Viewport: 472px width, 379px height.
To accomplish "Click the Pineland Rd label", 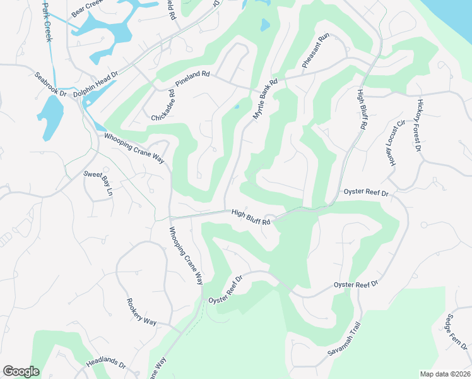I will pyautogui.click(x=192, y=75).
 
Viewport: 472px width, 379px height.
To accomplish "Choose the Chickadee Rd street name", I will pyautogui.click(x=163, y=105).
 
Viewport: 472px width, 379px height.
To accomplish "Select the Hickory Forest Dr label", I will pyautogui.click(x=418, y=126).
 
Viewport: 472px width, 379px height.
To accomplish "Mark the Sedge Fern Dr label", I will pyautogui.click(x=456, y=332).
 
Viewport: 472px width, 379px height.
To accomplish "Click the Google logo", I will pyautogui.click(x=21, y=371).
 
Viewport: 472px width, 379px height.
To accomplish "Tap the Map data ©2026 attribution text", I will pyautogui.click(x=444, y=374).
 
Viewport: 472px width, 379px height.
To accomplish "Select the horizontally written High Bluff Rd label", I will pyautogui.click(x=251, y=217).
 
